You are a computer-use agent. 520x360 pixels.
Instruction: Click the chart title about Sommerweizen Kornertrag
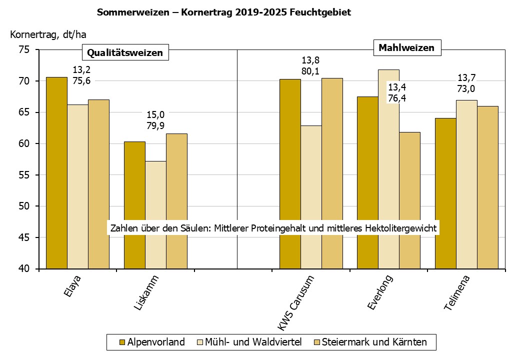pos(223,12)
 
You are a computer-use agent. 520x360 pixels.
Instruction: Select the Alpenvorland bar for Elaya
pos(56,172)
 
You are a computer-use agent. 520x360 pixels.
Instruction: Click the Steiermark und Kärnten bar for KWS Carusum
pos(332,173)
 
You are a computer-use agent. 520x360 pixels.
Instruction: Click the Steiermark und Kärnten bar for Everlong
pos(409,200)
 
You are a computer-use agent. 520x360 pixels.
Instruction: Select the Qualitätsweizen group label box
pos(125,52)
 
